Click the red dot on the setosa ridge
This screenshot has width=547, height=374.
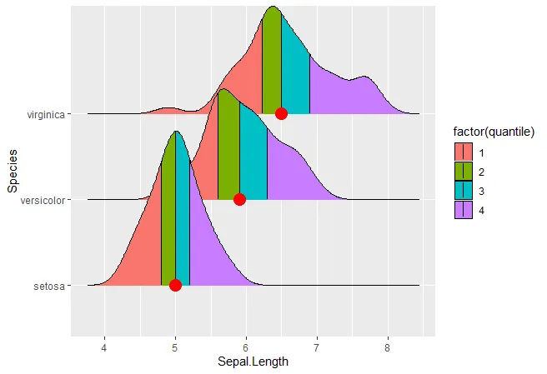(x=175, y=285)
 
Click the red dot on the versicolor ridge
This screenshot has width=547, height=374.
(x=239, y=199)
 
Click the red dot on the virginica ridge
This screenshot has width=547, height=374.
(x=281, y=113)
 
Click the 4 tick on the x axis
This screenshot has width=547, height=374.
(x=104, y=346)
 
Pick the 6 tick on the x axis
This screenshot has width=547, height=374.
(x=246, y=346)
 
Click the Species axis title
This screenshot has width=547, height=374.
(x=13, y=171)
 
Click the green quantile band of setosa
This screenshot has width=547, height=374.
(x=168, y=225)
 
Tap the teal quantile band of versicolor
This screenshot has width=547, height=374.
(x=253, y=158)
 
